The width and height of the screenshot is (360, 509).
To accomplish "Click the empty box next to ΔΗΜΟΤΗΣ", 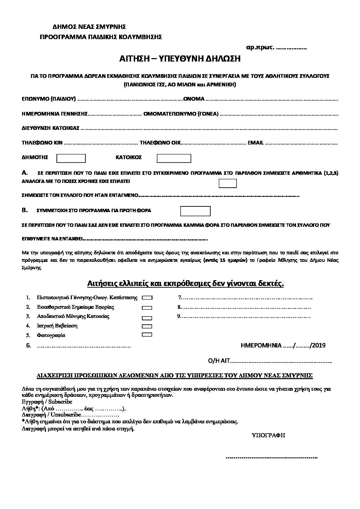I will coord(71,158).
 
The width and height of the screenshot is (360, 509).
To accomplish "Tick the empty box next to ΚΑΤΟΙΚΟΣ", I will coord(174,158).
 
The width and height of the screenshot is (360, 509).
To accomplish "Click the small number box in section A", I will coord(228,183).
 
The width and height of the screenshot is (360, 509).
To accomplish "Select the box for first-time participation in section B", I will coord(195,211).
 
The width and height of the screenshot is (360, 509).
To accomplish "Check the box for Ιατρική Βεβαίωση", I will coord(147,326).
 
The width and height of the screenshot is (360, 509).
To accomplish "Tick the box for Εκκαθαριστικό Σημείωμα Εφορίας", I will coord(147,307).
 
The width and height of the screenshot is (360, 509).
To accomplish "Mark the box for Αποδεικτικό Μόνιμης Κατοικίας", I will coord(147,318).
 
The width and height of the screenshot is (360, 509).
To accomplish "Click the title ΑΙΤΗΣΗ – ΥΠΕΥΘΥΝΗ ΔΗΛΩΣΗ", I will coord(180,59).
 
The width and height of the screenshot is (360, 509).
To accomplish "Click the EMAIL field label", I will coord(256,143).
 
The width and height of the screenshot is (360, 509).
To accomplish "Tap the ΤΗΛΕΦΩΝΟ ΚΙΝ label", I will coord(42,143).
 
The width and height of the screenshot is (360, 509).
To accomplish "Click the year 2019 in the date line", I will coord(318,345).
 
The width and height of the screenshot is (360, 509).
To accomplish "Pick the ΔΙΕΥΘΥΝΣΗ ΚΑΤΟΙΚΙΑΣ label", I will coord(51,128).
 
